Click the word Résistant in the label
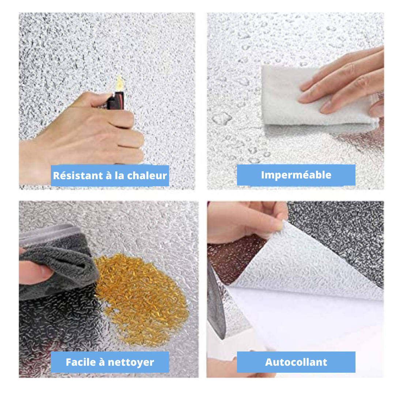(x=78, y=176)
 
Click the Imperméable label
(x=296, y=175)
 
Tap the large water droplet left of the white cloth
(x=222, y=118)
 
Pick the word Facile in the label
(x=80, y=362)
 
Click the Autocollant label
(x=296, y=362)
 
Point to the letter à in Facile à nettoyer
(x=102, y=362)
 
